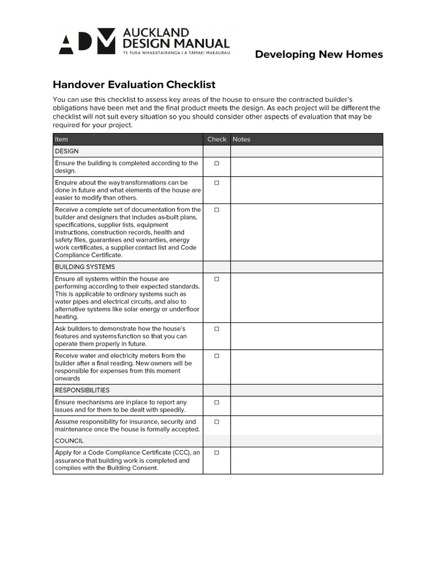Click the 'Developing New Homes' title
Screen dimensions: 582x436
pos(318,55)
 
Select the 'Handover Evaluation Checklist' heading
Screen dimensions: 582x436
pos(134,85)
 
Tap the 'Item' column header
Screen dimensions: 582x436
pos(61,139)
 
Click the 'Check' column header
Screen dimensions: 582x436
pos(216,139)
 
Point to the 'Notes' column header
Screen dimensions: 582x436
pos(241,139)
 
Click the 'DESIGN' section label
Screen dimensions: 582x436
pos(66,151)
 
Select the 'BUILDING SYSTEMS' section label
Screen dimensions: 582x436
pos(85,267)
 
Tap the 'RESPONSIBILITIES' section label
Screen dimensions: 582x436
pos(82,390)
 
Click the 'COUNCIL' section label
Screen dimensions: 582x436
pos(69,441)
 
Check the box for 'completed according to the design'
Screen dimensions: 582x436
pos(216,164)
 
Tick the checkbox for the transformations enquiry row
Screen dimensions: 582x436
pos(216,183)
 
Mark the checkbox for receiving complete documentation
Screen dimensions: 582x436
pos(216,210)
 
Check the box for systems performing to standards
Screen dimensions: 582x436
pos(216,279)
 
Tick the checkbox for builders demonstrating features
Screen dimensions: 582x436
pos(216,329)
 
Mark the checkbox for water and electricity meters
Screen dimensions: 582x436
pos(216,356)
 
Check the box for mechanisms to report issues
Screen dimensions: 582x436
pos(216,402)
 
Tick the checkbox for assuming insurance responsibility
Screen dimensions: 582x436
pos(216,422)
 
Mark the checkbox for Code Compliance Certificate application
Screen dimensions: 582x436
pos(216,453)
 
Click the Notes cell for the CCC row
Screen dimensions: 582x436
pos(307,460)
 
